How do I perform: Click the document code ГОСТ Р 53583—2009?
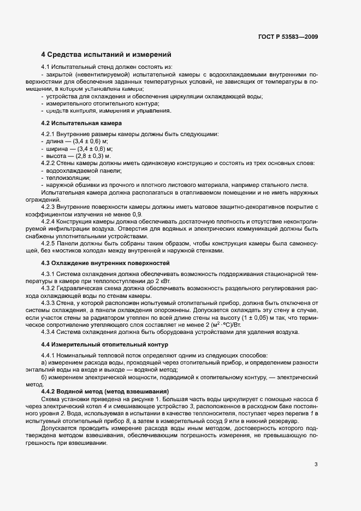point(288,37)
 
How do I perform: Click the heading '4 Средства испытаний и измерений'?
point(106,55)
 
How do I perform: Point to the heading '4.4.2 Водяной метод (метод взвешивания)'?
point(105,392)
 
